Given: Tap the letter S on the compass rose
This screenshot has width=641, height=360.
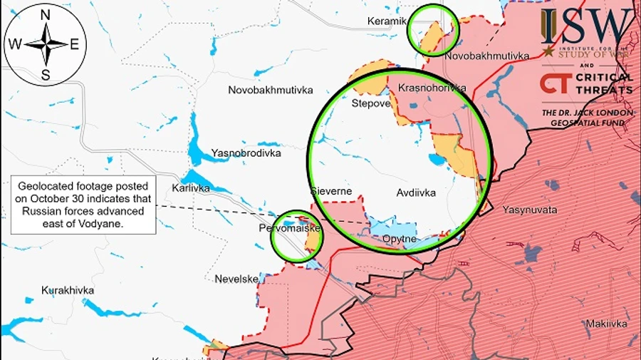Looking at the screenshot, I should pyautogui.click(x=45, y=74).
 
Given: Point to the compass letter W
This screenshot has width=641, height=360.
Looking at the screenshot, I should pyautogui.click(x=14, y=44).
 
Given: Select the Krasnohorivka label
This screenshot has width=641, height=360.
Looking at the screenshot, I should pyautogui.click(x=432, y=88).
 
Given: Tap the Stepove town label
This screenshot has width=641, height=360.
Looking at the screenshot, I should pyautogui.click(x=371, y=103).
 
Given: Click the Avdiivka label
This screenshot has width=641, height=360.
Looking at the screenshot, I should pyautogui.click(x=416, y=192).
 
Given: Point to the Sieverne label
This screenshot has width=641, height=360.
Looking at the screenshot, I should pyautogui.click(x=331, y=191).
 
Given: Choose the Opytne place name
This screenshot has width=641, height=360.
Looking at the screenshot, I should pyautogui.click(x=399, y=239).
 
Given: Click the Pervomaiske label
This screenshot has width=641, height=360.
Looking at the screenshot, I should pyautogui.click(x=290, y=229).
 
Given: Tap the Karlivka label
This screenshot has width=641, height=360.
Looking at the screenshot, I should pyautogui.click(x=191, y=188).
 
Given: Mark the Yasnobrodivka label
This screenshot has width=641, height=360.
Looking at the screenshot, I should pyautogui.click(x=246, y=153).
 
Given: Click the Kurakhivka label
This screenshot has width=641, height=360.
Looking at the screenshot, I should pyautogui.click(x=68, y=291).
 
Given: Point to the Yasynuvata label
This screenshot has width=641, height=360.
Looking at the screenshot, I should pyautogui.click(x=529, y=210).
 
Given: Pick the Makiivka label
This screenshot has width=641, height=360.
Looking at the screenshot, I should pyautogui.click(x=606, y=324).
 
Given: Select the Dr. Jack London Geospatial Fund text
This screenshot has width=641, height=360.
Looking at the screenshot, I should pyautogui.click(x=586, y=118).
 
